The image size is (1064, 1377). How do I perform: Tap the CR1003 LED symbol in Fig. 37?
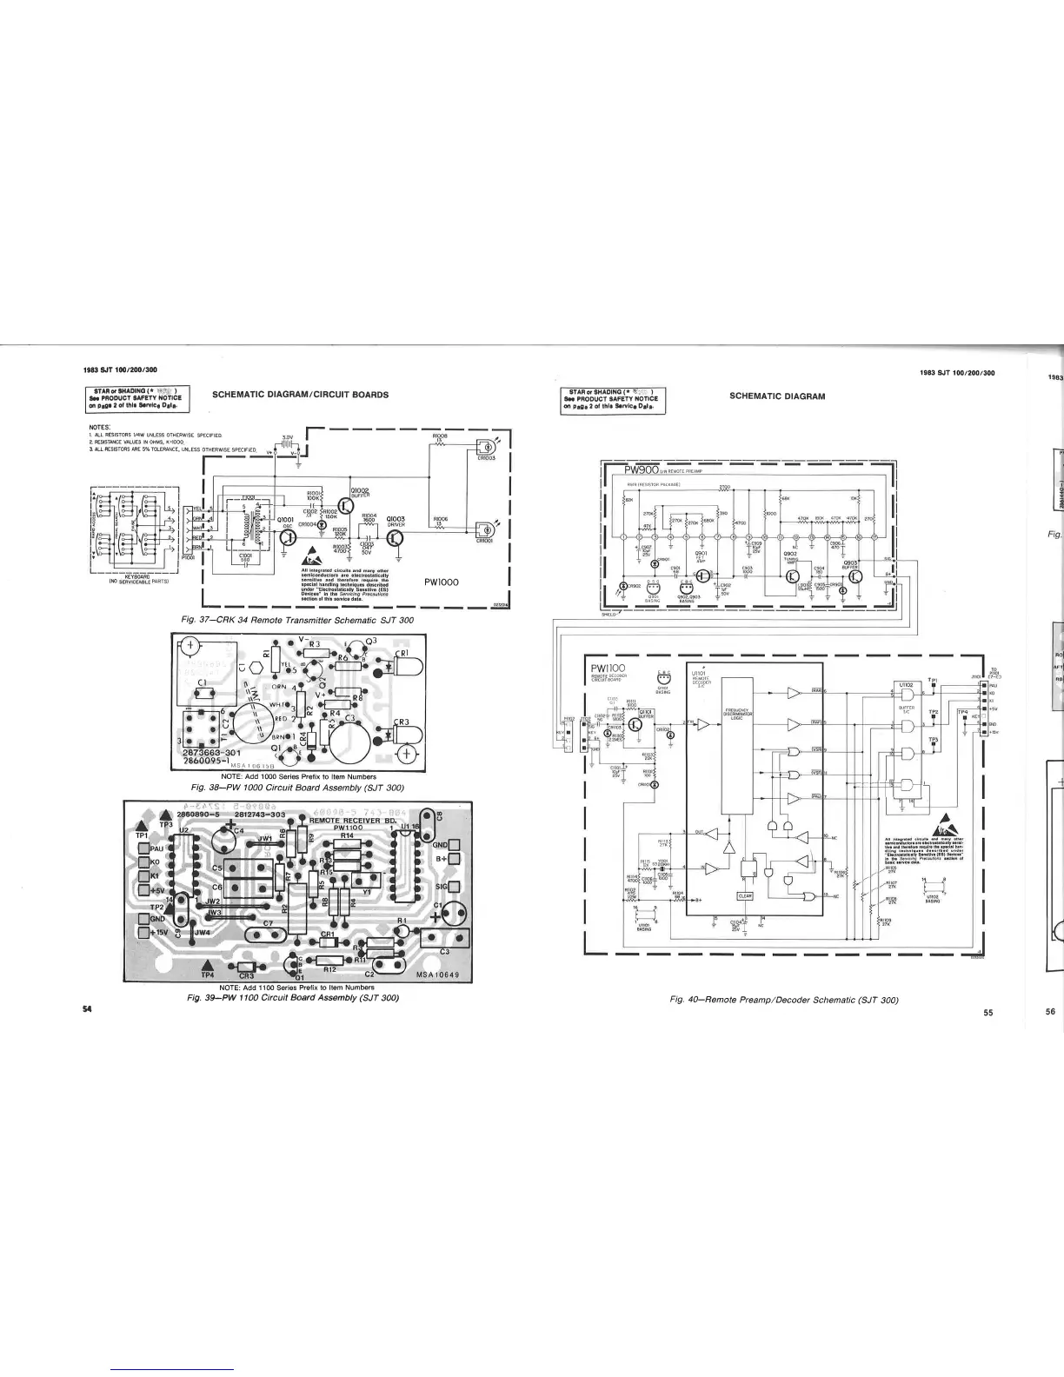(x=483, y=448)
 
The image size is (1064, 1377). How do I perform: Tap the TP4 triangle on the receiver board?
(x=207, y=964)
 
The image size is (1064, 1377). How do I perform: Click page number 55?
(x=988, y=1012)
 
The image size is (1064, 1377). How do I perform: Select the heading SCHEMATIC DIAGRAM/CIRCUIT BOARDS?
(x=300, y=395)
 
